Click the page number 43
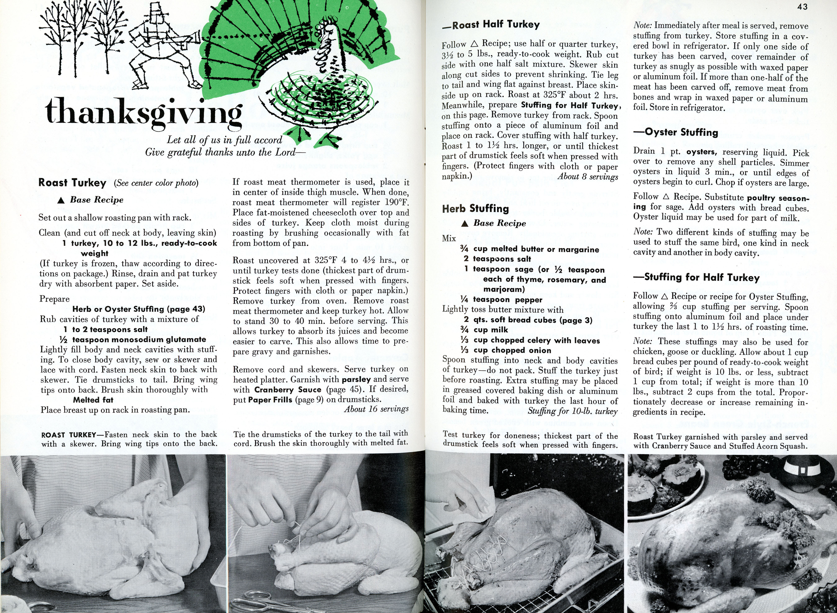pos(802,7)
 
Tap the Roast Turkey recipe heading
pos(72,183)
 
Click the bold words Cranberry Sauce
pos(288,390)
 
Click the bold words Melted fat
pos(93,400)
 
